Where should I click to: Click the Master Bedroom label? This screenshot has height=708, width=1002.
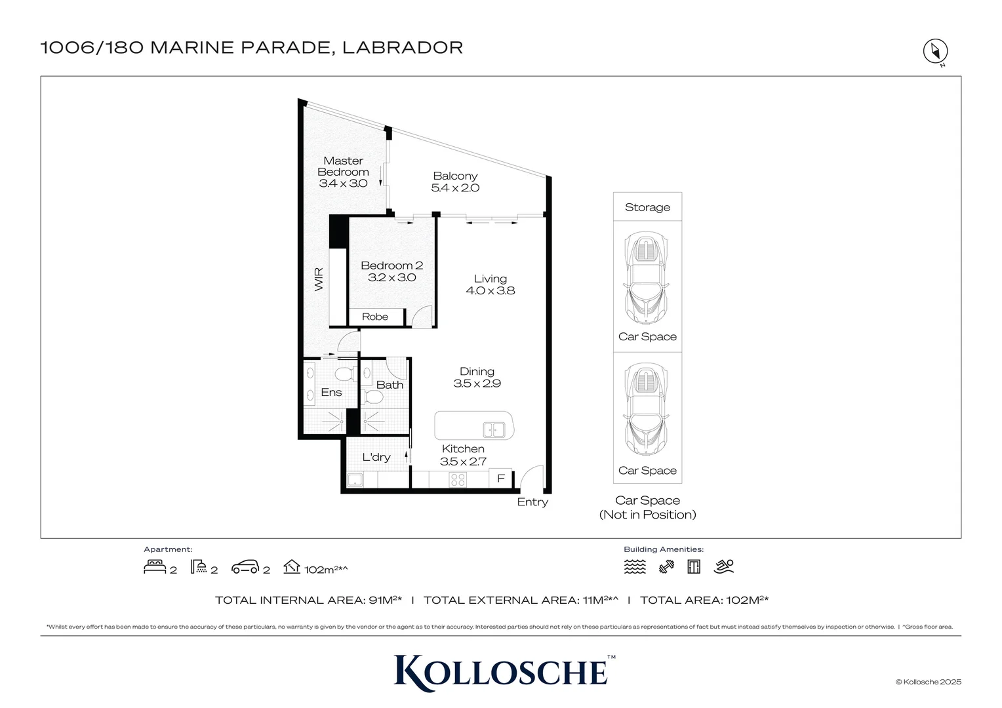tap(343, 166)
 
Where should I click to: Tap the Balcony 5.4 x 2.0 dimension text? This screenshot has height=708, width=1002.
tap(455, 188)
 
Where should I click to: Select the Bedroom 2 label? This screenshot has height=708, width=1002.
tap(391, 265)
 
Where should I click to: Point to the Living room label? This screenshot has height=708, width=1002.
tap(491, 279)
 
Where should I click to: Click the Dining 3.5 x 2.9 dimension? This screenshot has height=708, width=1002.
tap(477, 383)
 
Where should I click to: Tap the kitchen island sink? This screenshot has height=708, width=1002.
tap(494, 430)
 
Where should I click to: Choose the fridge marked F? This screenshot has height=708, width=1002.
tap(501, 479)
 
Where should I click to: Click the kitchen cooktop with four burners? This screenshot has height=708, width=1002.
tap(458, 479)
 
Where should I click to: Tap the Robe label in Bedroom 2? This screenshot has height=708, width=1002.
tap(375, 317)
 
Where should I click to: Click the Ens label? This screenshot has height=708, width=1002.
tap(331, 392)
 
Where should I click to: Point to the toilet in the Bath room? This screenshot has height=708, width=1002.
tap(374, 397)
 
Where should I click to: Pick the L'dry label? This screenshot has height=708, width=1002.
tap(376, 457)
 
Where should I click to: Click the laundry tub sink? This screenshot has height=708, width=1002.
tap(355, 480)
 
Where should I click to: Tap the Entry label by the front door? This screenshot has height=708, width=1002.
tap(532, 501)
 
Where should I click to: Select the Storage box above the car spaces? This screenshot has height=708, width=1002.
tap(647, 207)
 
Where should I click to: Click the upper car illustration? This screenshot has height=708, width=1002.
tap(647, 278)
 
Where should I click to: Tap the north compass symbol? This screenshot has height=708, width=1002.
tap(936, 51)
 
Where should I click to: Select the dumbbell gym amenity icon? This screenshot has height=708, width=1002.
tap(666, 566)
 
